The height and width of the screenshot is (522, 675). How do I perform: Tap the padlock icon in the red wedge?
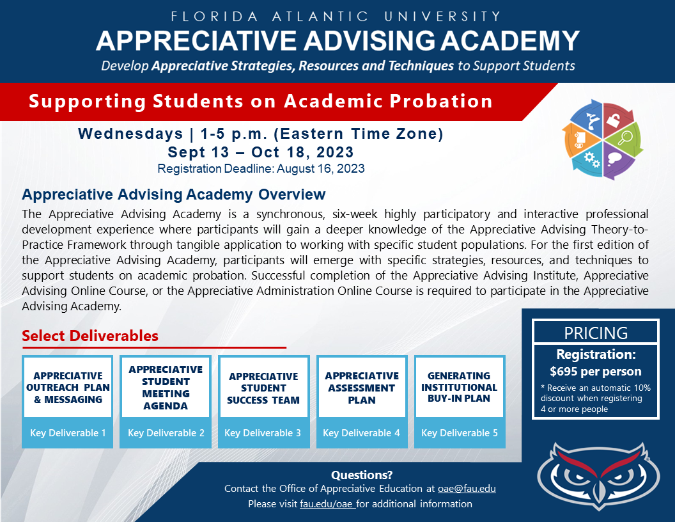pyautogui.click(x=613, y=119)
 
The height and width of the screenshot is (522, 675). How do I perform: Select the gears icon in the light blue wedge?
pyautogui.click(x=591, y=159)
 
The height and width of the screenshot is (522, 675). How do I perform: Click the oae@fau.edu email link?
pyautogui.click(x=467, y=489)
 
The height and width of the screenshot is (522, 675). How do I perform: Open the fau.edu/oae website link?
pyautogui.click(x=327, y=504)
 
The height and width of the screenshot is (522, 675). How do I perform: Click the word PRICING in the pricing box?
pyautogui.click(x=596, y=333)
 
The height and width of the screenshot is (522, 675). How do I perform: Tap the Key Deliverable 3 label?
pyautogui.click(x=263, y=433)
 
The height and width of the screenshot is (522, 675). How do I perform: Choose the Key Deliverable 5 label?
pyautogui.click(x=460, y=433)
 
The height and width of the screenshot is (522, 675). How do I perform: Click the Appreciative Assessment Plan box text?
pyautogui.click(x=362, y=388)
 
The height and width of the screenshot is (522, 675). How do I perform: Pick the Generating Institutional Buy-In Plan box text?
pyautogui.click(x=459, y=387)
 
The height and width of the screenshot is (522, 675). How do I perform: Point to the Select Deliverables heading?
pyautogui.click(x=90, y=335)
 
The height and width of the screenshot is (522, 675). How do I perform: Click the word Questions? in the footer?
pyautogui.click(x=362, y=475)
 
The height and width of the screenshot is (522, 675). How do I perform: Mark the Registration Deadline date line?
pyautogui.click(x=261, y=168)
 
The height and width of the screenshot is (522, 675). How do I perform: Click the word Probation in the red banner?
pyautogui.click(x=441, y=101)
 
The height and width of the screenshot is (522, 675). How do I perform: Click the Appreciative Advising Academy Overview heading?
pyautogui.click(x=173, y=194)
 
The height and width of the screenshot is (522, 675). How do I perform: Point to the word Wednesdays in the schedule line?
pyautogui.click(x=130, y=134)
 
